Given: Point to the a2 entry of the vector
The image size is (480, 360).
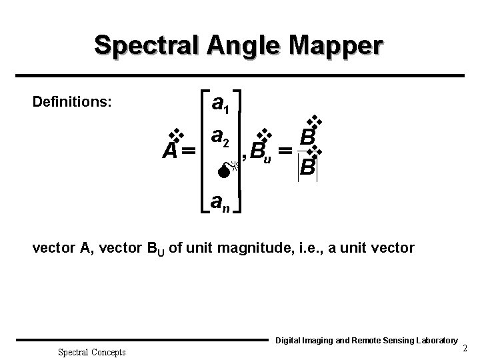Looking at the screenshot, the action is (x=221, y=137).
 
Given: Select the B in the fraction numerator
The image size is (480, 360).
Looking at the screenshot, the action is (x=307, y=137).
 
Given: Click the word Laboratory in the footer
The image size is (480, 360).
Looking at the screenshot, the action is (x=429, y=340).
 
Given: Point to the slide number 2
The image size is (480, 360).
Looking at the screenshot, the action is (x=465, y=349).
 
